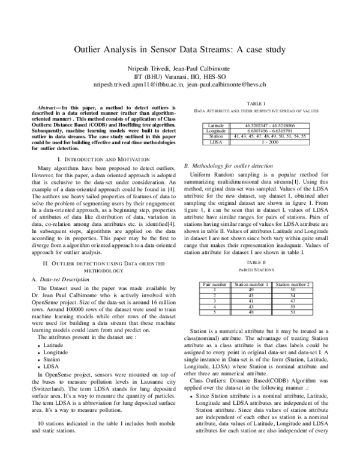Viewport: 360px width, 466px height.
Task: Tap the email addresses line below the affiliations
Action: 179,86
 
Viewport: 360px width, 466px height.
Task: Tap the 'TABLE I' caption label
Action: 256,103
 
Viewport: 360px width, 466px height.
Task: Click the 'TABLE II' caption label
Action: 256,263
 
